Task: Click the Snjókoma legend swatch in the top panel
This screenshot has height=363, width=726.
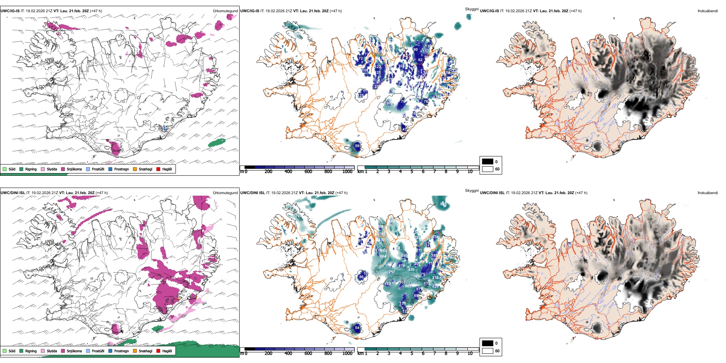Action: click(x=63, y=169)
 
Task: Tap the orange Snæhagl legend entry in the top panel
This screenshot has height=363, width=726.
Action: click(x=135, y=169)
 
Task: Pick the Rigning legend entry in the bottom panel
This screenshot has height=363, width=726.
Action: click(x=21, y=351)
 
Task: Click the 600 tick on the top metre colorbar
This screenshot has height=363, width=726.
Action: click(x=308, y=172)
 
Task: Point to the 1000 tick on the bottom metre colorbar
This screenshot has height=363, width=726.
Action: click(x=347, y=353)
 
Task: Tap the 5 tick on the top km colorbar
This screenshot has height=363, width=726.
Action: click(x=412, y=172)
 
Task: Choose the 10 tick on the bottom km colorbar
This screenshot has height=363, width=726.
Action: click(x=470, y=353)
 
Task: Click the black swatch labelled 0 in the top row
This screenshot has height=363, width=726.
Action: click(x=488, y=162)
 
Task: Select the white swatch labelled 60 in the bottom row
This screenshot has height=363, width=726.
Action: click(x=488, y=351)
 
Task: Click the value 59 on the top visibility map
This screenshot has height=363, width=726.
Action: click(x=357, y=146)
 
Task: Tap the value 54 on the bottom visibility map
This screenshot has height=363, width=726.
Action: click(x=357, y=327)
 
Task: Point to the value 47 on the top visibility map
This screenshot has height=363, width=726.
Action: click(x=405, y=130)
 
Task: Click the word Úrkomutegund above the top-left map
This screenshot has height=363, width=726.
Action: click(x=225, y=11)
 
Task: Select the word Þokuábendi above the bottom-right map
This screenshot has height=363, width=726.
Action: click(x=708, y=193)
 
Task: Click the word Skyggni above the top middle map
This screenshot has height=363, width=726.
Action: click(x=472, y=9)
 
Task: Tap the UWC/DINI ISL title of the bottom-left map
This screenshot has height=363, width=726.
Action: click(x=13, y=193)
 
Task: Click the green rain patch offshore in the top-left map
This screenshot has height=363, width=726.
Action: click(x=217, y=143)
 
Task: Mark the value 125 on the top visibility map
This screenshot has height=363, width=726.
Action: click(x=361, y=96)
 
